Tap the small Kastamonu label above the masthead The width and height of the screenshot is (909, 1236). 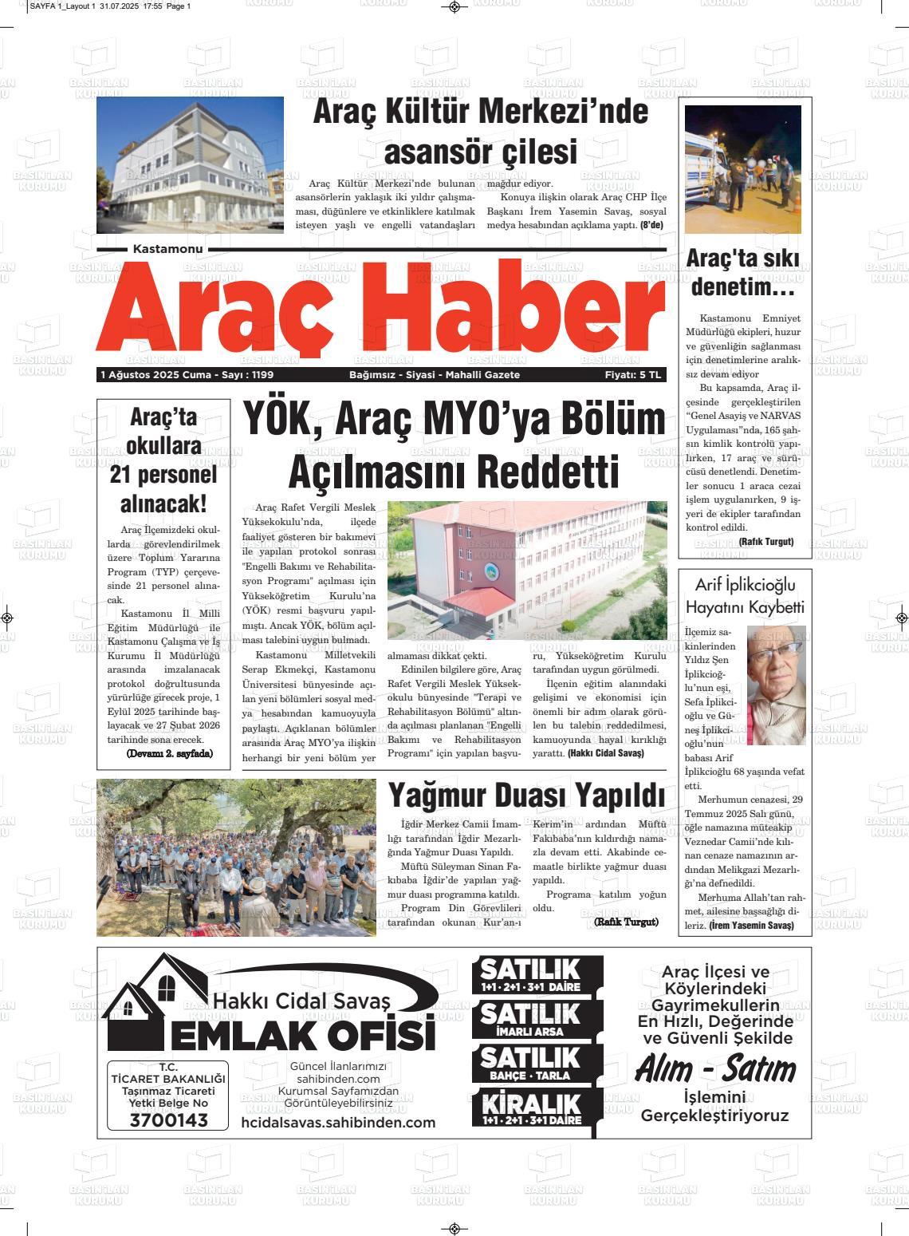coord(167,249)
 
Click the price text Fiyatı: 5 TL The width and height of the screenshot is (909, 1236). coord(633,375)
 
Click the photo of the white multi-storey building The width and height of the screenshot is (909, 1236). coord(190,165)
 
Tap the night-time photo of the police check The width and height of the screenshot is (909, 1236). coord(742,168)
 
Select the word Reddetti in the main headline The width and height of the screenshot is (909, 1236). coord(542,472)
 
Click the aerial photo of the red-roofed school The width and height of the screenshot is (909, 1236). coord(526,570)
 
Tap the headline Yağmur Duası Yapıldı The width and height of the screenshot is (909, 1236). coord(525,796)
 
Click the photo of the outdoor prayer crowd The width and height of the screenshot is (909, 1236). coord(236,858)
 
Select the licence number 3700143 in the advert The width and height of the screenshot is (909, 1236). coord(168,1120)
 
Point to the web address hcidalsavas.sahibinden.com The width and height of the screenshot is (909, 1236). coord(338,1123)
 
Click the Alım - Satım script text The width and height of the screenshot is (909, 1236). coord(715,1069)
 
